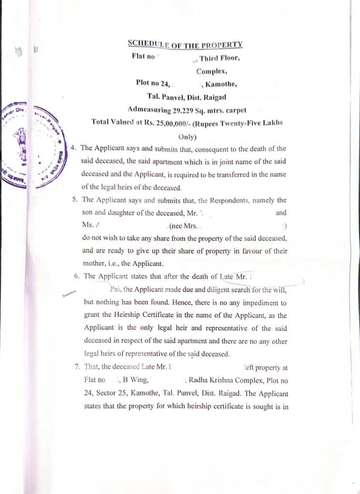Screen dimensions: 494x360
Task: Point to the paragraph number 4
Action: point(73,148)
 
